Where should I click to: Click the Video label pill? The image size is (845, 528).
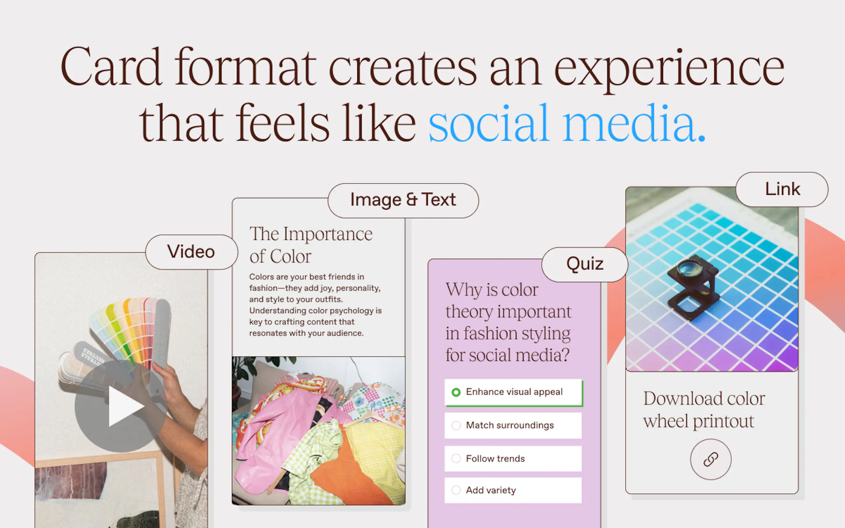coord(191,252)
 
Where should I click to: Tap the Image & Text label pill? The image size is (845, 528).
coord(403,200)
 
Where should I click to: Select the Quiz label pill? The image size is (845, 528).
coord(585,264)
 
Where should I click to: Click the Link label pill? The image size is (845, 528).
coord(782,189)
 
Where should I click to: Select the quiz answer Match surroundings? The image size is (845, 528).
coord(513,425)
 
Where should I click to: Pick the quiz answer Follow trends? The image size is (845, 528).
coord(513,459)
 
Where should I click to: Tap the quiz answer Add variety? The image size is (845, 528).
coord(513,490)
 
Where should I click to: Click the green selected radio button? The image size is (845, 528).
coord(456,392)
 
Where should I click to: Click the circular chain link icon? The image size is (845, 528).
coord(711,459)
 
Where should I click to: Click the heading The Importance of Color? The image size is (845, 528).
coord(310,245)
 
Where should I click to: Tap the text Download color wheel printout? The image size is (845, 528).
coord(704,410)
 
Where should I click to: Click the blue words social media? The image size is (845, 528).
coord(567,123)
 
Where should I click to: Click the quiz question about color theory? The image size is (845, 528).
coord(508,322)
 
